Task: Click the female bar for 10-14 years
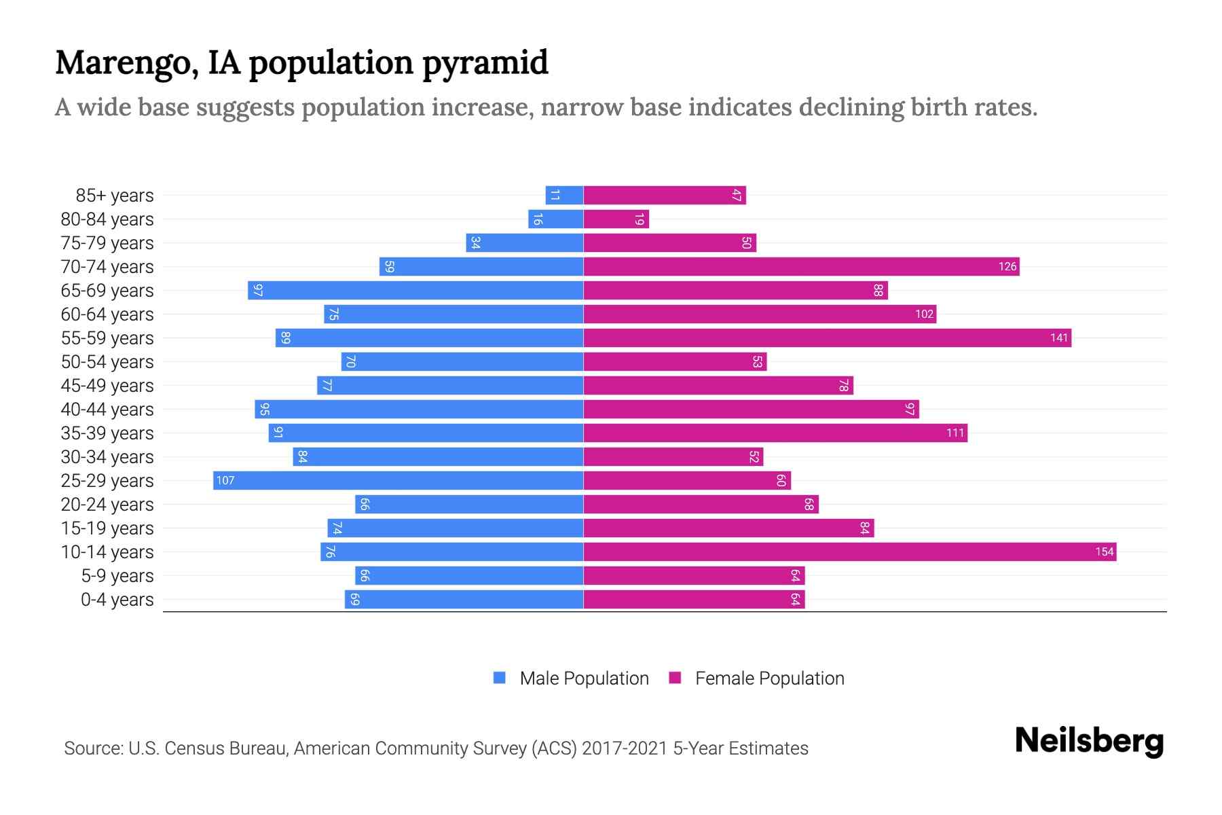[x=849, y=551]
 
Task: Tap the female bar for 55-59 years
[x=827, y=338]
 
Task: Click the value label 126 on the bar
[x=1007, y=266]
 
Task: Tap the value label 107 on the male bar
[x=225, y=480]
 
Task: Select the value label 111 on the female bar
[x=955, y=433]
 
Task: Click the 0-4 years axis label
[x=117, y=600]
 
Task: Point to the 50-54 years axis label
[x=107, y=362]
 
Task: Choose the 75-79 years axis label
[x=107, y=243]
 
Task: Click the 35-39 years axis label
[x=107, y=433]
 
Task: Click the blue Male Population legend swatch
[x=500, y=678]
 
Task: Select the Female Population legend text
[x=769, y=678]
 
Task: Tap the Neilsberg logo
[x=1089, y=741]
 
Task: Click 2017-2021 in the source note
[x=625, y=748]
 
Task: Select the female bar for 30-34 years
[x=672, y=456]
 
